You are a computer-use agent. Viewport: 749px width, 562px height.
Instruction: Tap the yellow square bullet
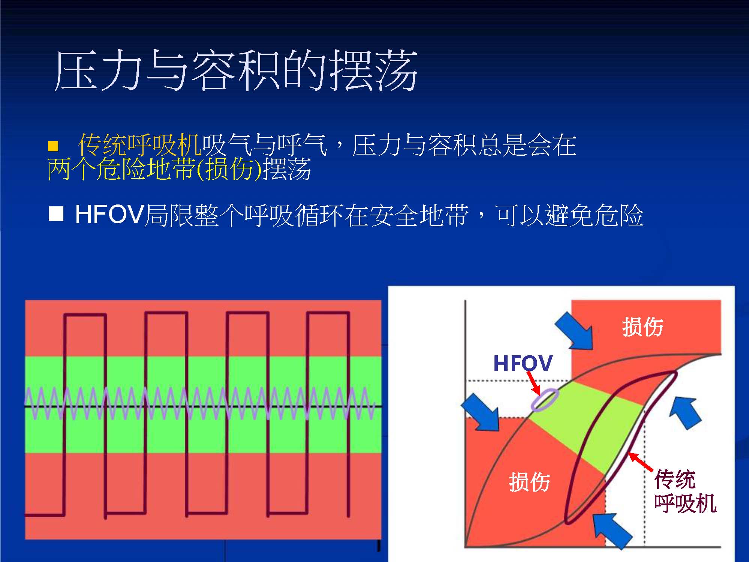(53, 146)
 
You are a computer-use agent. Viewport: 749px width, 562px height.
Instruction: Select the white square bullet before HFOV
(56, 214)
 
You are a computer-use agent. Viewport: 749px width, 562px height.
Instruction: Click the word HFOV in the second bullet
(109, 214)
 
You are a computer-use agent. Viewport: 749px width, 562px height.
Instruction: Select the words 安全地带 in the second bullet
(418, 215)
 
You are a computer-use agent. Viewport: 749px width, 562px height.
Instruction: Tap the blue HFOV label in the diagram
(523, 363)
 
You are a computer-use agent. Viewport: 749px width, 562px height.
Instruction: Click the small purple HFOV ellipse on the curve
(545, 400)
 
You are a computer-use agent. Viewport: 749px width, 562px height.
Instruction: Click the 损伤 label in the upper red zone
(643, 327)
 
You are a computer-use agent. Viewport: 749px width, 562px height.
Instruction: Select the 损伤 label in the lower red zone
(529, 482)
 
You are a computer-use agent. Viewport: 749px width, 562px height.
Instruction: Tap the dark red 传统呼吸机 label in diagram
(685, 491)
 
